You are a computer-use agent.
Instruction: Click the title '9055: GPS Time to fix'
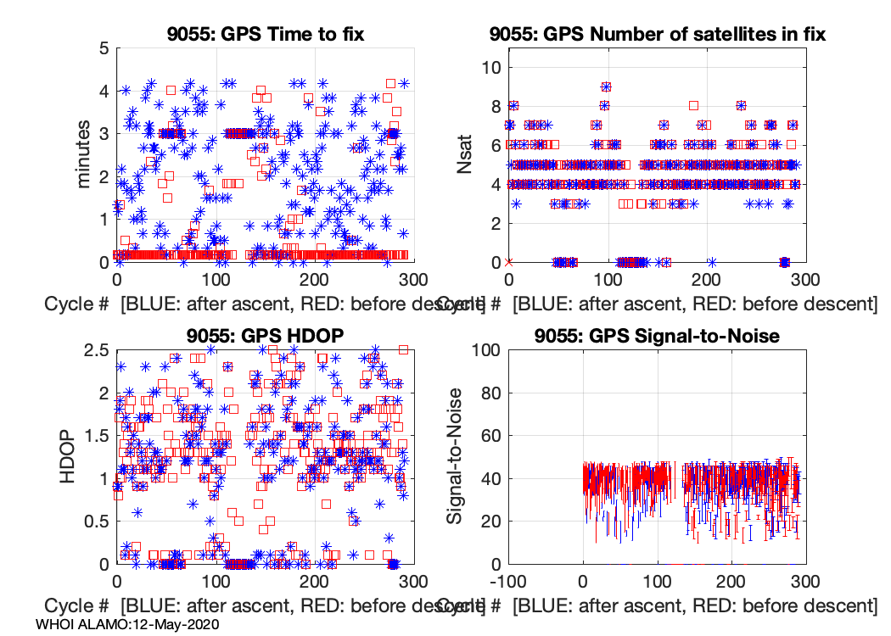click(266, 35)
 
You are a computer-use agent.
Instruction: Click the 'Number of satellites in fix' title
click(658, 35)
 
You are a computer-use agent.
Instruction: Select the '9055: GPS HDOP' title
click(266, 335)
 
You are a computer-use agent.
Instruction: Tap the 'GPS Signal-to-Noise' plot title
click(658, 335)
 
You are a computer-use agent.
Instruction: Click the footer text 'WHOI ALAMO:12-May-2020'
click(128, 624)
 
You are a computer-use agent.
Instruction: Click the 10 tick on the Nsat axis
click(488, 68)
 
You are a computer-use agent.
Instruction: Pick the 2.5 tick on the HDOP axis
click(95, 349)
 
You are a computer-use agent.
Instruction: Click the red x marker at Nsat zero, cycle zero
click(508, 262)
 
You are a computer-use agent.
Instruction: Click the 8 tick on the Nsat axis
click(492, 107)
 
